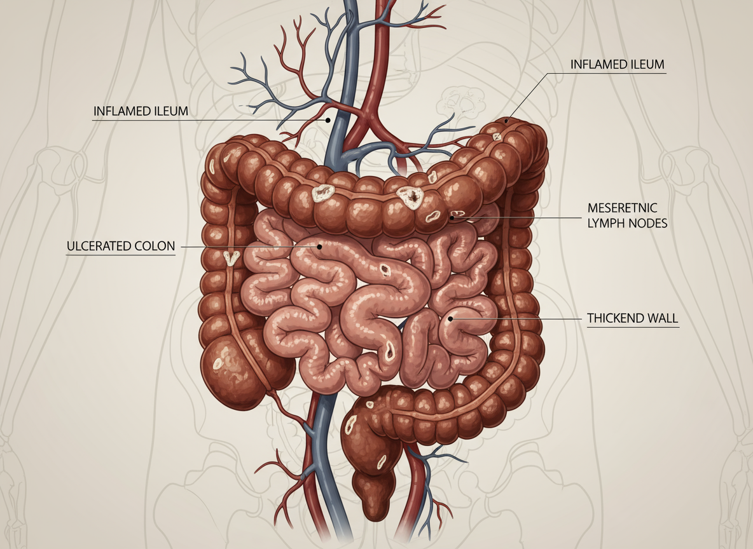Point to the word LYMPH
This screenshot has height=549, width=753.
coord(607,223)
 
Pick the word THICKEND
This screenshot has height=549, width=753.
coord(614,318)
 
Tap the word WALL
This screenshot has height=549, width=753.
coord(663,318)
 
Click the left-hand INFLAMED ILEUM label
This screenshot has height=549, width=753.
coord(141,111)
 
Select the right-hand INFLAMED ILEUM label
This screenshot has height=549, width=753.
coord(617,65)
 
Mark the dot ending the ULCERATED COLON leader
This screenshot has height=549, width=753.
coord(321,247)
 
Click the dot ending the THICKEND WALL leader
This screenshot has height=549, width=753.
coord(450,318)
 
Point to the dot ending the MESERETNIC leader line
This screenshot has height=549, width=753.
coord(452,217)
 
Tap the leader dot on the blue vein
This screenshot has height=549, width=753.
coord(328,119)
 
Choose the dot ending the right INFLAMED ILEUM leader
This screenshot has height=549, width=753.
coord(507,120)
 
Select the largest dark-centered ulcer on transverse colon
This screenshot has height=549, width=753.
coord(410,198)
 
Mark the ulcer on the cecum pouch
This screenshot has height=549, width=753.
coord(218,363)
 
